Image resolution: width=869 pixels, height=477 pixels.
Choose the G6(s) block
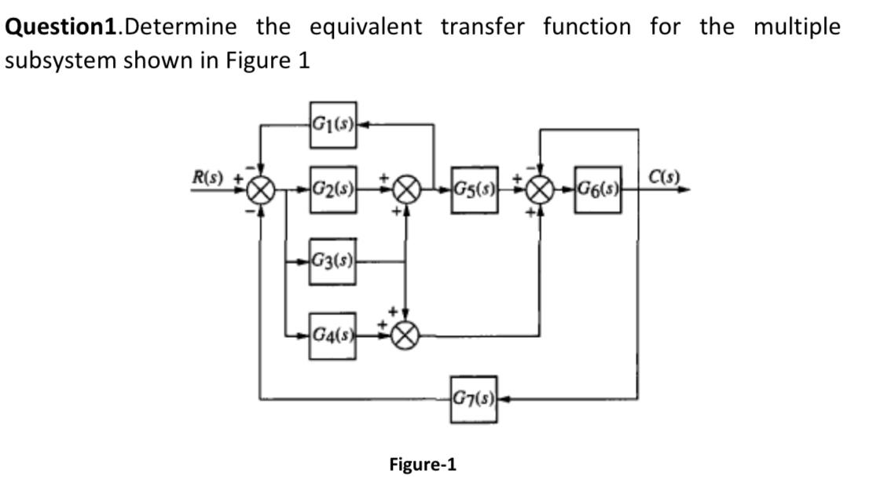[x=597, y=189]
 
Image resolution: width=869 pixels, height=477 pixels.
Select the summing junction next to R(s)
[x=260, y=189]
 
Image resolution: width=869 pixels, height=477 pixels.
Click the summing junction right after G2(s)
[x=405, y=189]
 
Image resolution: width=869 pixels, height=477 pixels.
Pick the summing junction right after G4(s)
[x=405, y=336]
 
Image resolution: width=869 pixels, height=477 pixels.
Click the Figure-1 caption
[x=423, y=464]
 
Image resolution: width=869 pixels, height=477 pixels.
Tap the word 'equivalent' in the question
[x=365, y=27]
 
